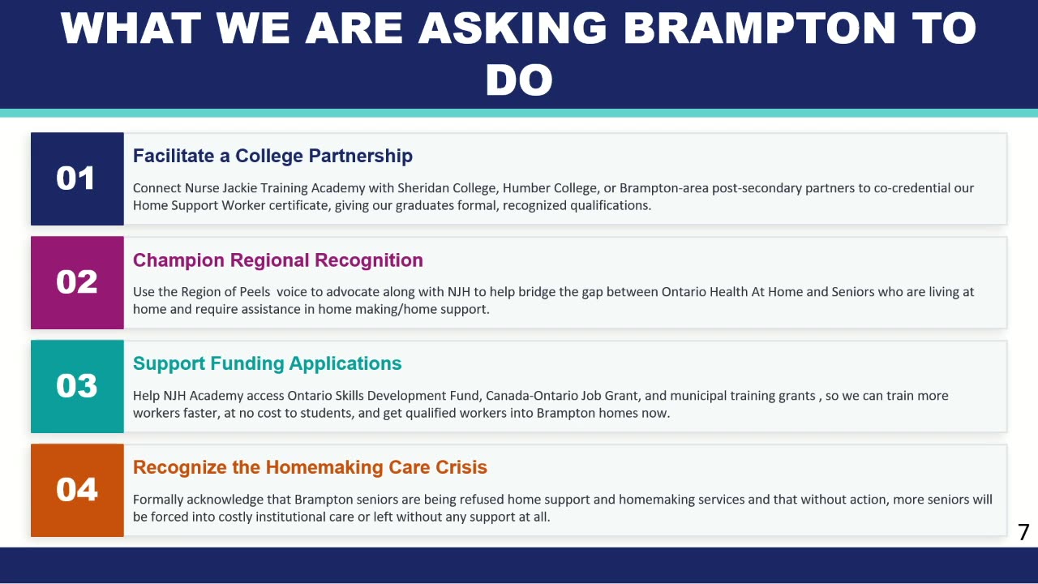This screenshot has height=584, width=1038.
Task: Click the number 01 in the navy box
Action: [75, 178]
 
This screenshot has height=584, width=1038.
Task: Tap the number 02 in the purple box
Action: [77, 281]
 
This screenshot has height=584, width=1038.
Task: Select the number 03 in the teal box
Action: [77, 385]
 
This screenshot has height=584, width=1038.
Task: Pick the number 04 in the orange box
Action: [77, 489]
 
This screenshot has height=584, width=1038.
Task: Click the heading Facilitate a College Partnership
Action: [272, 157]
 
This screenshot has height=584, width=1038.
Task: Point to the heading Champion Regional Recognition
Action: [278, 260]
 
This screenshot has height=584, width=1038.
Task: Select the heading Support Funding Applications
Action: [268, 364]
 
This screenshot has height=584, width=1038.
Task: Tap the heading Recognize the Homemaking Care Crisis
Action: [310, 467]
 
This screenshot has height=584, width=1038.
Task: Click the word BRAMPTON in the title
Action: [759, 28]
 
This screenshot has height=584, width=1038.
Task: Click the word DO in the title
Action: [520, 80]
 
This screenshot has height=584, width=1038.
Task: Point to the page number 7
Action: [1023, 532]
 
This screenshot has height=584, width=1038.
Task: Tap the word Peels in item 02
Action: [255, 292]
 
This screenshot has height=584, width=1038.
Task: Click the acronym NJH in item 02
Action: [459, 292]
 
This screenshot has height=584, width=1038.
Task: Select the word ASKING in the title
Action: [513, 28]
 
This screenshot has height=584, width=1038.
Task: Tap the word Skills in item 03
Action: [350, 396]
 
